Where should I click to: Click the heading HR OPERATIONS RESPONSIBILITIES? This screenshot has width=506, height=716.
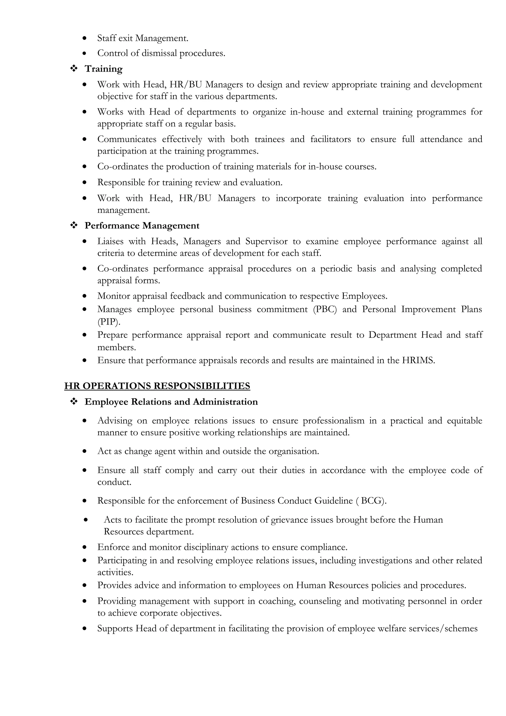coord(157,386)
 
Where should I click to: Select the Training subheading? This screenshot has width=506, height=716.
coord(104,69)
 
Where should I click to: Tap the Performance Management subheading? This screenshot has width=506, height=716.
coord(142,226)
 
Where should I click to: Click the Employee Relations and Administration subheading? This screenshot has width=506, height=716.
coord(171,402)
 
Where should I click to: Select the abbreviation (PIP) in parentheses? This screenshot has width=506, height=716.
coord(109,321)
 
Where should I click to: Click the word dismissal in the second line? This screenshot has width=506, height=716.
coord(159,53)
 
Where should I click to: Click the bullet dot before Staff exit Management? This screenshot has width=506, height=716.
coord(84,38)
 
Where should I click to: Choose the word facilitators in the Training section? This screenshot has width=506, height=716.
coord(331,139)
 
